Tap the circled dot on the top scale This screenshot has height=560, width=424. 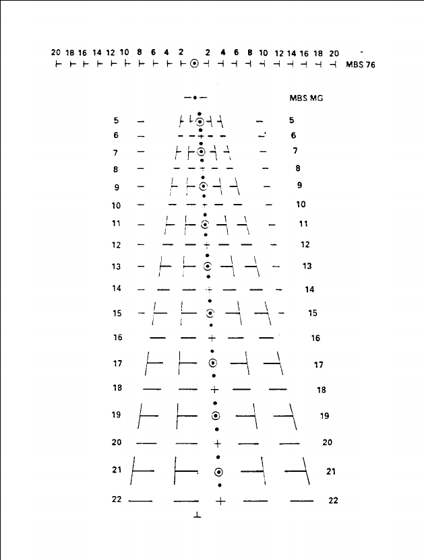[195, 64]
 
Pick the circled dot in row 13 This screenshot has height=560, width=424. [207, 266]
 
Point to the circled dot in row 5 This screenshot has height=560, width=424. [200, 121]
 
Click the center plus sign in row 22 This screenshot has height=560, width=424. [220, 501]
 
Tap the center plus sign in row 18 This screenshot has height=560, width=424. [214, 389]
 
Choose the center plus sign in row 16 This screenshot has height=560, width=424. [212, 338]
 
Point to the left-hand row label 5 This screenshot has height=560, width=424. [116, 121]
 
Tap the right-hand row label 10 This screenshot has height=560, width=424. [301, 204]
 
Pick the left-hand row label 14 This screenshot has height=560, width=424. [117, 289]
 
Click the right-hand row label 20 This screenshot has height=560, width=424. [327, 442]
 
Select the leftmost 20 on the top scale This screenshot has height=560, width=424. [56, 52]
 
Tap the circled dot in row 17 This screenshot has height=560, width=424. [212, 363]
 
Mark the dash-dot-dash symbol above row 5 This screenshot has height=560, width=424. [195, 98]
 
